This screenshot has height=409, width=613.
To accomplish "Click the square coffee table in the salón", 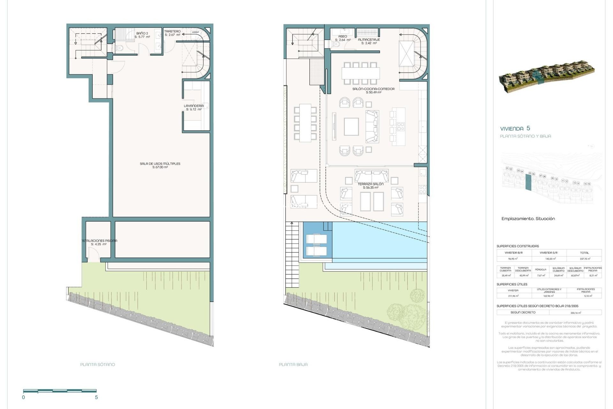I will [x=351, y=127].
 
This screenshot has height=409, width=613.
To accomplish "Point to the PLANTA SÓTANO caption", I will [x=97, y=364].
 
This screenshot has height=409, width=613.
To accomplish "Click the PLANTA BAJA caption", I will [x=293, y=364].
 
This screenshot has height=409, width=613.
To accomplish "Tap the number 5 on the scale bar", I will [x=96, y=397].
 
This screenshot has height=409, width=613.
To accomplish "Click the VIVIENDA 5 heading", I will [x=515, y=128].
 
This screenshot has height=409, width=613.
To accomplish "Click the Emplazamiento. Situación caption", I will [x=528, y=219].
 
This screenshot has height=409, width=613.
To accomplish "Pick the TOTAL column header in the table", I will [x=584, y=253].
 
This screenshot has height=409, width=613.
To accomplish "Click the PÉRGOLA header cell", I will [x=540, y=269].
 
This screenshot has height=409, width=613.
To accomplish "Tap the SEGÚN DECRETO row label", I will [x=523, y=312].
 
